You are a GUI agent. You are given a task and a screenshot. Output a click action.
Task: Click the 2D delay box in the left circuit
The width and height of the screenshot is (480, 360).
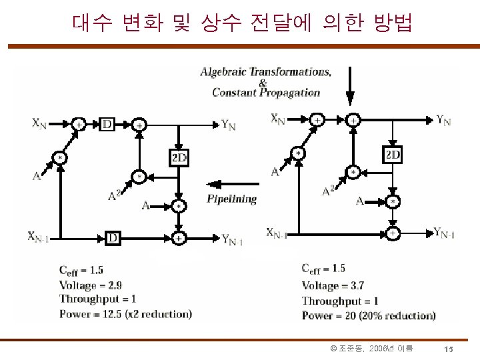[x=179, y=157]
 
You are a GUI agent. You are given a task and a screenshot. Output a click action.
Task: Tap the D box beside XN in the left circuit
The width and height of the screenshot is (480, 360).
[x=107, y=124]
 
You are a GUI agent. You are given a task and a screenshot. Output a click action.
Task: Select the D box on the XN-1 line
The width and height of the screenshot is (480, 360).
[x=113, y=237]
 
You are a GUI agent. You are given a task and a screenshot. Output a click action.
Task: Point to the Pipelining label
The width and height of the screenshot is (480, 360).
[x=231, y=199]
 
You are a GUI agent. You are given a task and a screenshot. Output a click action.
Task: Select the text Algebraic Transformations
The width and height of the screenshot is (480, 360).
[x=266, y=71]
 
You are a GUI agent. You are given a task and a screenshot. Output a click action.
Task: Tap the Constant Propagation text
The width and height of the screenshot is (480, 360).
[x=266, y=93]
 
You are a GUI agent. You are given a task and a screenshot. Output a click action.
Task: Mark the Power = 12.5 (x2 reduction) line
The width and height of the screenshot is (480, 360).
[x=125, y=314]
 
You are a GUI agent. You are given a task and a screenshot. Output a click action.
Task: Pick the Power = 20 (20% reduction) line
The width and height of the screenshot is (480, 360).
[x=369, y=315]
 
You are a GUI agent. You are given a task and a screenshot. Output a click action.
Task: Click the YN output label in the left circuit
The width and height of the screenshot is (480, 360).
[x=229, y=125]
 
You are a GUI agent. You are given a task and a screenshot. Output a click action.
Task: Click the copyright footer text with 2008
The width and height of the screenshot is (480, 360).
[x=371, y=349]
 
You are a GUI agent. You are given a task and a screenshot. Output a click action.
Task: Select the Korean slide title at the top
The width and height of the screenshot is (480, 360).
[x=241, y=24]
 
